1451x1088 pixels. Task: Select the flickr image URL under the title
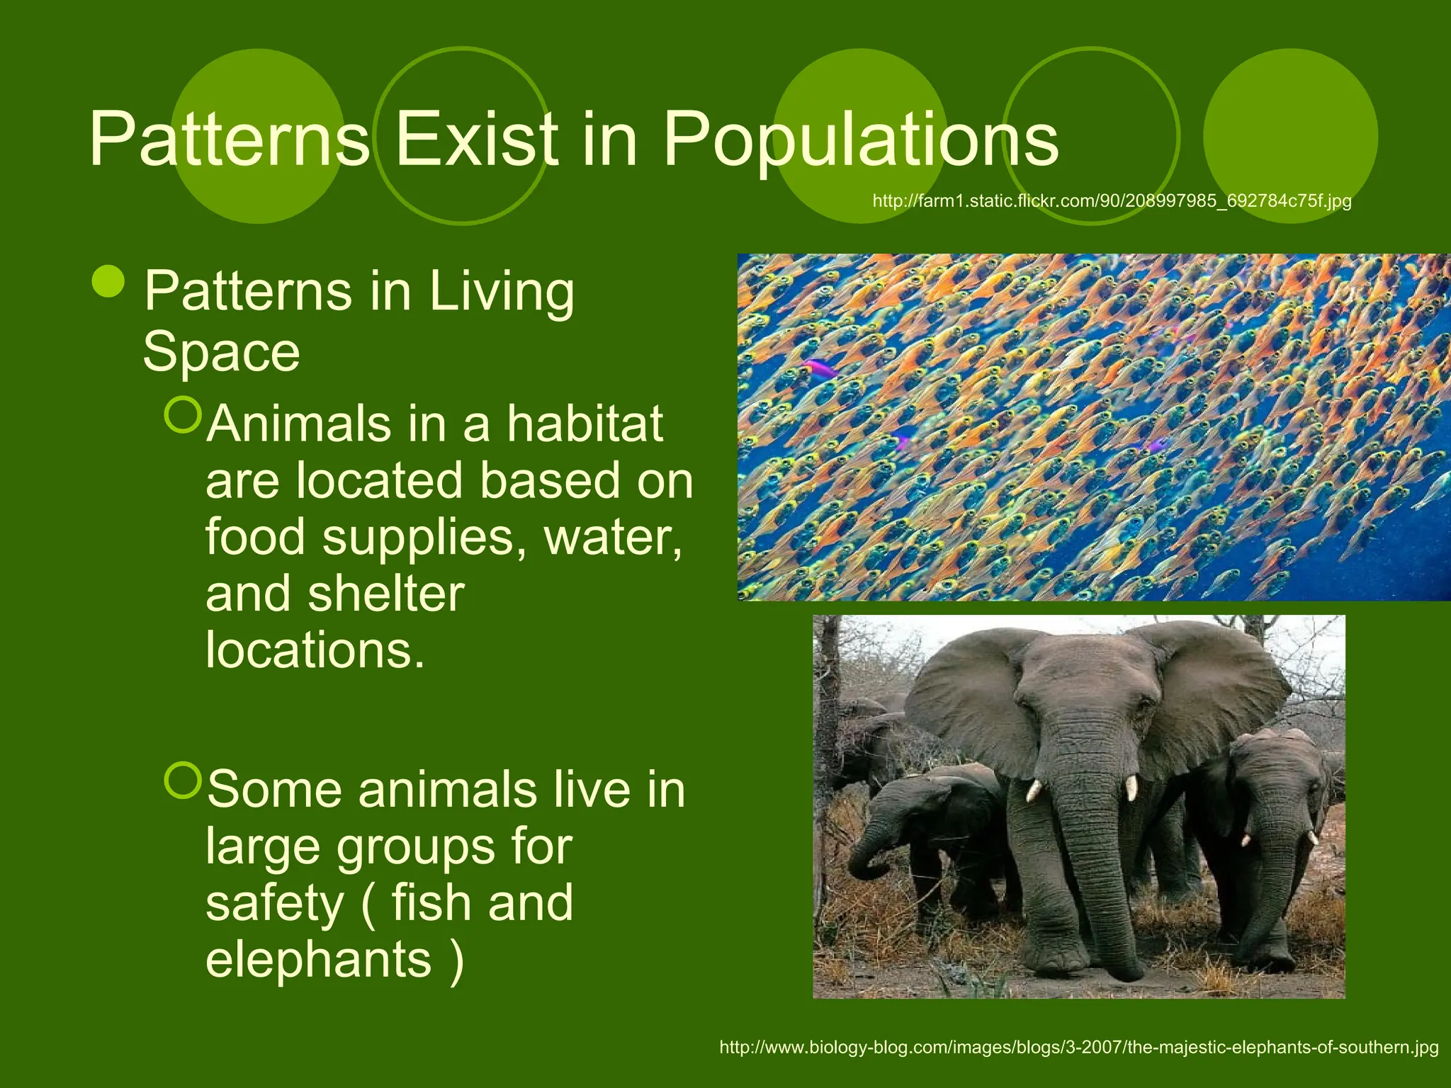(1112, 201)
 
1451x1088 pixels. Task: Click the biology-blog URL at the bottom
(1078, 1047)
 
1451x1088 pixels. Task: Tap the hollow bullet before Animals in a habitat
(183, 415)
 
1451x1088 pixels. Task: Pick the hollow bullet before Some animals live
(183, 781)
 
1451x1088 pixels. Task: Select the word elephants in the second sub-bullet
(318, 959)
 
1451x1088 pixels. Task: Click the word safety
(274, 903)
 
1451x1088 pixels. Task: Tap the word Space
(221, 351)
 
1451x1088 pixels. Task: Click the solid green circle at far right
(1290, 135)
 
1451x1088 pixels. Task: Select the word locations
(315, 650)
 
